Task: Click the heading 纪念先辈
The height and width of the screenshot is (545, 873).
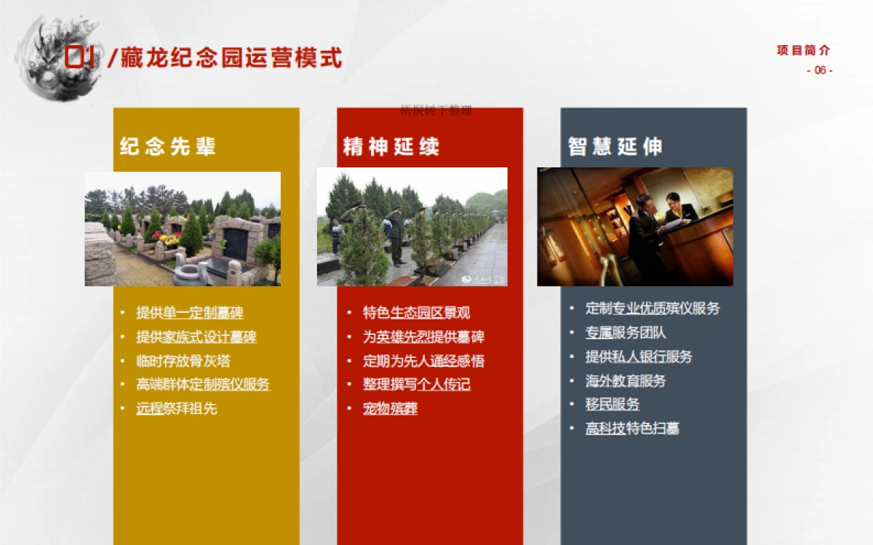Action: tap(168, 146)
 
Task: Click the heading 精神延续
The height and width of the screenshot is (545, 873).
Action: tap(391, 146)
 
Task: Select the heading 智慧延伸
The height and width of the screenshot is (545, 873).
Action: tap(615, 146)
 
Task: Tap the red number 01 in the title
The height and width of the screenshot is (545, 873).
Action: tap(80, 57)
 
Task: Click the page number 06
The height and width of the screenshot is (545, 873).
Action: tap(820, 71)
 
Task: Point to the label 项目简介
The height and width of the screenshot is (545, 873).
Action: tap(803, 50)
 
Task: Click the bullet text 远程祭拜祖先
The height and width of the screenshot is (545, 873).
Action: tap(177, 408)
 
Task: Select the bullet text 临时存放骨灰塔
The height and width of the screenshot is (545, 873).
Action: tap(183, 361)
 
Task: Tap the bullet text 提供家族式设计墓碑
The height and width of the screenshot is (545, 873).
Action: tap(196, 337)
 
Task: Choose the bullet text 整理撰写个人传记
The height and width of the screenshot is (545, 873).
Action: tap(417, 384)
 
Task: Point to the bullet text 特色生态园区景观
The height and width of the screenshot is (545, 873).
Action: tap(417, 313)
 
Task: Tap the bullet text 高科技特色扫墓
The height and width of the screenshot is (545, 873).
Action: tap(633, 429)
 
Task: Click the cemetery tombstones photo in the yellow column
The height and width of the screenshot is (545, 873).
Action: tap(183, 228)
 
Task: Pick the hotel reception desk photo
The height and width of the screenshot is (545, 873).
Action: tap(635, 226)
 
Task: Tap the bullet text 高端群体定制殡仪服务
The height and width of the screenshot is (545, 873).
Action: tap(203, 384)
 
